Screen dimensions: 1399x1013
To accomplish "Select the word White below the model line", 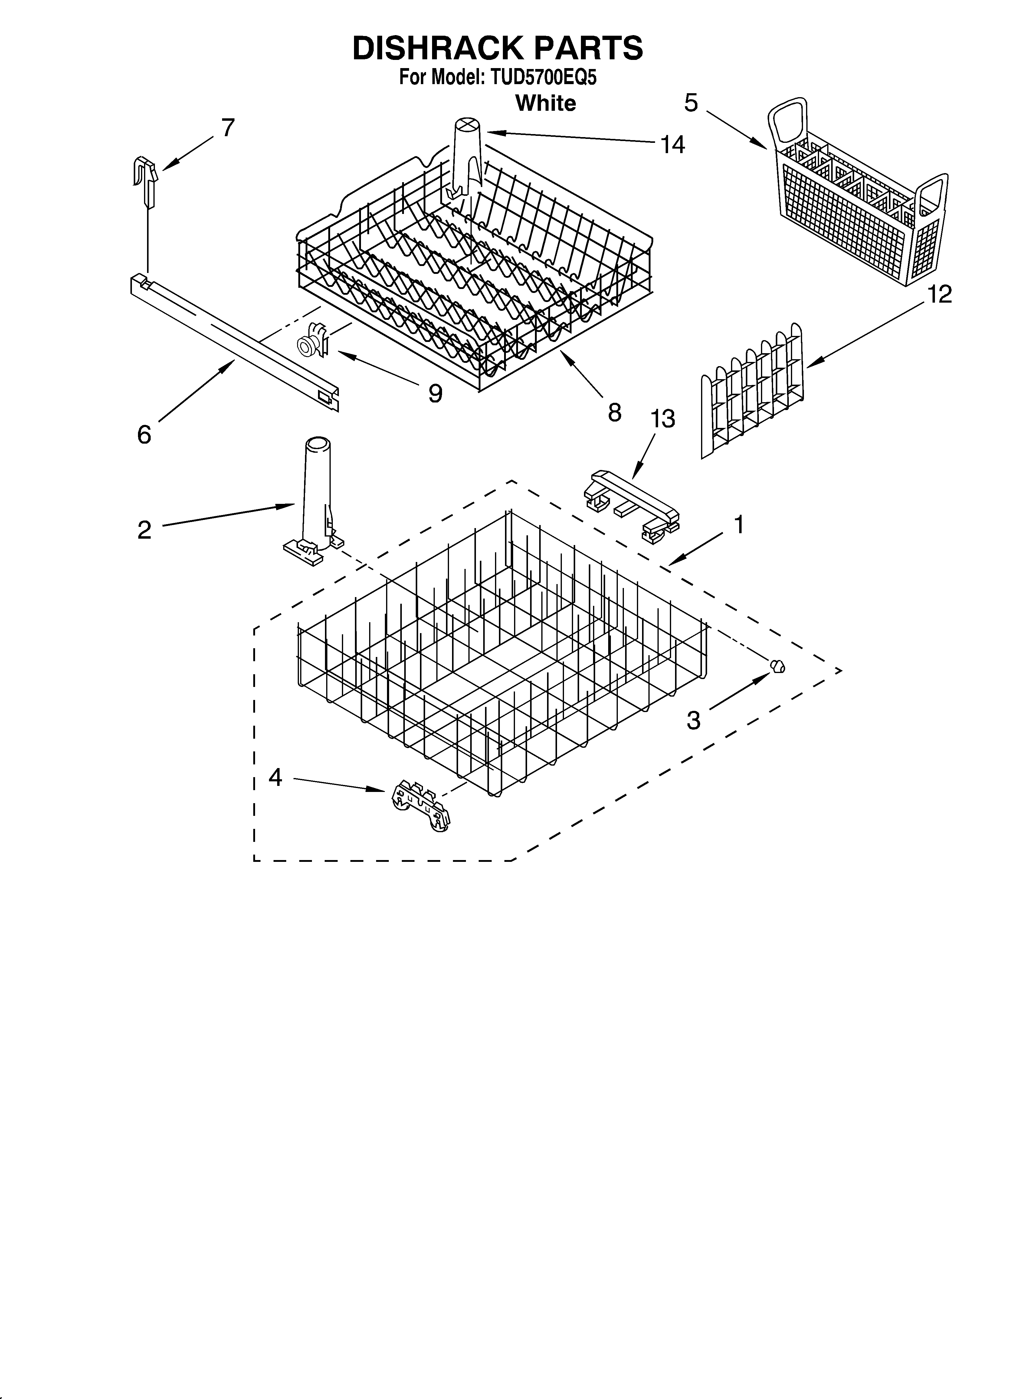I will (545, 103).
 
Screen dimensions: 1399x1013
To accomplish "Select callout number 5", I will (691, 102).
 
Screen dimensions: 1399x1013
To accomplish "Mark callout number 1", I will (739, 526).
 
